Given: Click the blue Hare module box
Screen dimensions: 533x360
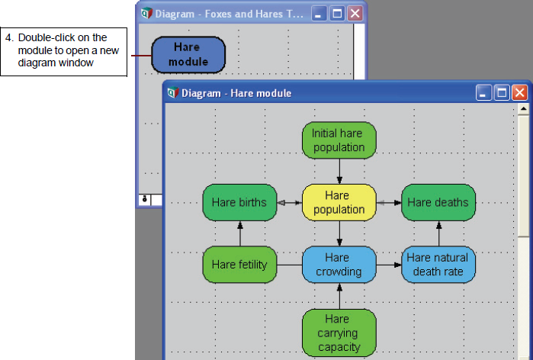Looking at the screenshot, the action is pos(188,55).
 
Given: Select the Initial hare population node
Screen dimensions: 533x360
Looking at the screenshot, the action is pos(339,140).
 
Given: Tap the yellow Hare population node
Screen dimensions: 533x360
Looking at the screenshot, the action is pos(339,203).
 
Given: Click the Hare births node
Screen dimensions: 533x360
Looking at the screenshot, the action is pos(239,203).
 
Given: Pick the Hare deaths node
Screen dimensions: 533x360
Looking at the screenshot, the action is pos(438,203).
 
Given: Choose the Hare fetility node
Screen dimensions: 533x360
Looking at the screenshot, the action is pos(239,265).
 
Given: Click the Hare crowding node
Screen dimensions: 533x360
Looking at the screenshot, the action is pos(339,265).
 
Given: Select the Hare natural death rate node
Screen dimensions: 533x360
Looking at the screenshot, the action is pos(438,265).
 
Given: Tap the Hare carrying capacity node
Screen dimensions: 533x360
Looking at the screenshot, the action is pos(339,333).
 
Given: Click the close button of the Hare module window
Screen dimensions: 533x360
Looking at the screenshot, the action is pos(520,93).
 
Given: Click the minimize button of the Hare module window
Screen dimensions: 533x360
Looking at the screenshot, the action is pos(483,93).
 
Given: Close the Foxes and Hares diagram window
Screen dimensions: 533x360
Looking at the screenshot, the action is pos(355,14).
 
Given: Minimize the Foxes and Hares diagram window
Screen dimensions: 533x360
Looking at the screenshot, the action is pos(319,14).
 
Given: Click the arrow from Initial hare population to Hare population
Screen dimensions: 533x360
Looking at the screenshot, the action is pos(339,172).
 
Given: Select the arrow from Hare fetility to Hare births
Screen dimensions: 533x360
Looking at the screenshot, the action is pos(240,234).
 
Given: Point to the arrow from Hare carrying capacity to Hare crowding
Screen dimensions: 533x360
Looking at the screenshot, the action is pos(339,296).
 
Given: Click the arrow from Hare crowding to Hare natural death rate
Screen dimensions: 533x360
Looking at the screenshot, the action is pos(389,265).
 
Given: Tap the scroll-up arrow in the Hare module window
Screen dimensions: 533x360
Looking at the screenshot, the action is pos(524,109).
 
